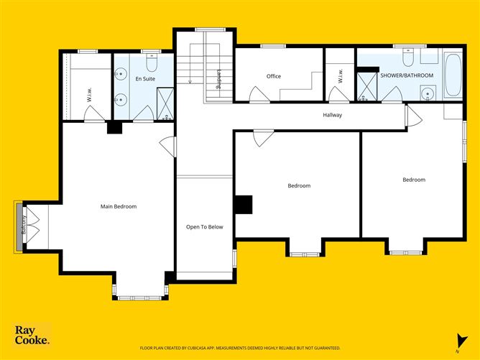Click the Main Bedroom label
point(119,207)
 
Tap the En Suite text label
point(145,78)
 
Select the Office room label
point(273,76)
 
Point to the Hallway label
point(332,115)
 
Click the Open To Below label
point(205,227)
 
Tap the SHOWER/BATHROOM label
point(407,75)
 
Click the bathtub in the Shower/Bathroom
point(453,75)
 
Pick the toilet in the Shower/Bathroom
point(408,57)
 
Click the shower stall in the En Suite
point(165,103)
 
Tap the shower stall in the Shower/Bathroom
point(367,87)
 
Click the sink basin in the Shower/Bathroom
point(428,93)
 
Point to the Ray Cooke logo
point(32,335)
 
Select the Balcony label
point(24,225)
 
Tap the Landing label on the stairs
point(218,79)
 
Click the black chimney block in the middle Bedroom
point(244,205)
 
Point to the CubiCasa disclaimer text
point(240,348)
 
